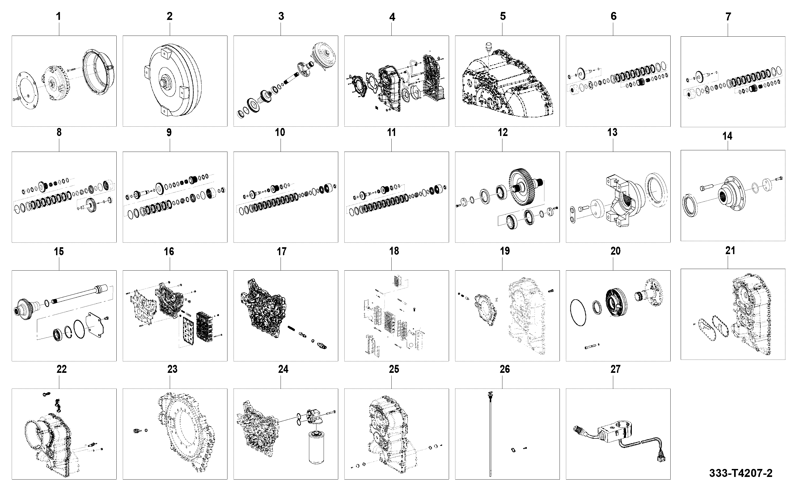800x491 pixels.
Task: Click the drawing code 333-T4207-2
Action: click(x=740, y=473)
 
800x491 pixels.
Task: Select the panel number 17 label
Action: click(x=282, y=251)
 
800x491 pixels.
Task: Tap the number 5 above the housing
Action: click(x=503, y=16)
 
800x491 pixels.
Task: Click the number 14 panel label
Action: click(x=727, y=136)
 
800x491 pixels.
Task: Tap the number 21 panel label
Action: click(x=730, y=251)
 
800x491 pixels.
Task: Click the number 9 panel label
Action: click(x=169, y=133)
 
